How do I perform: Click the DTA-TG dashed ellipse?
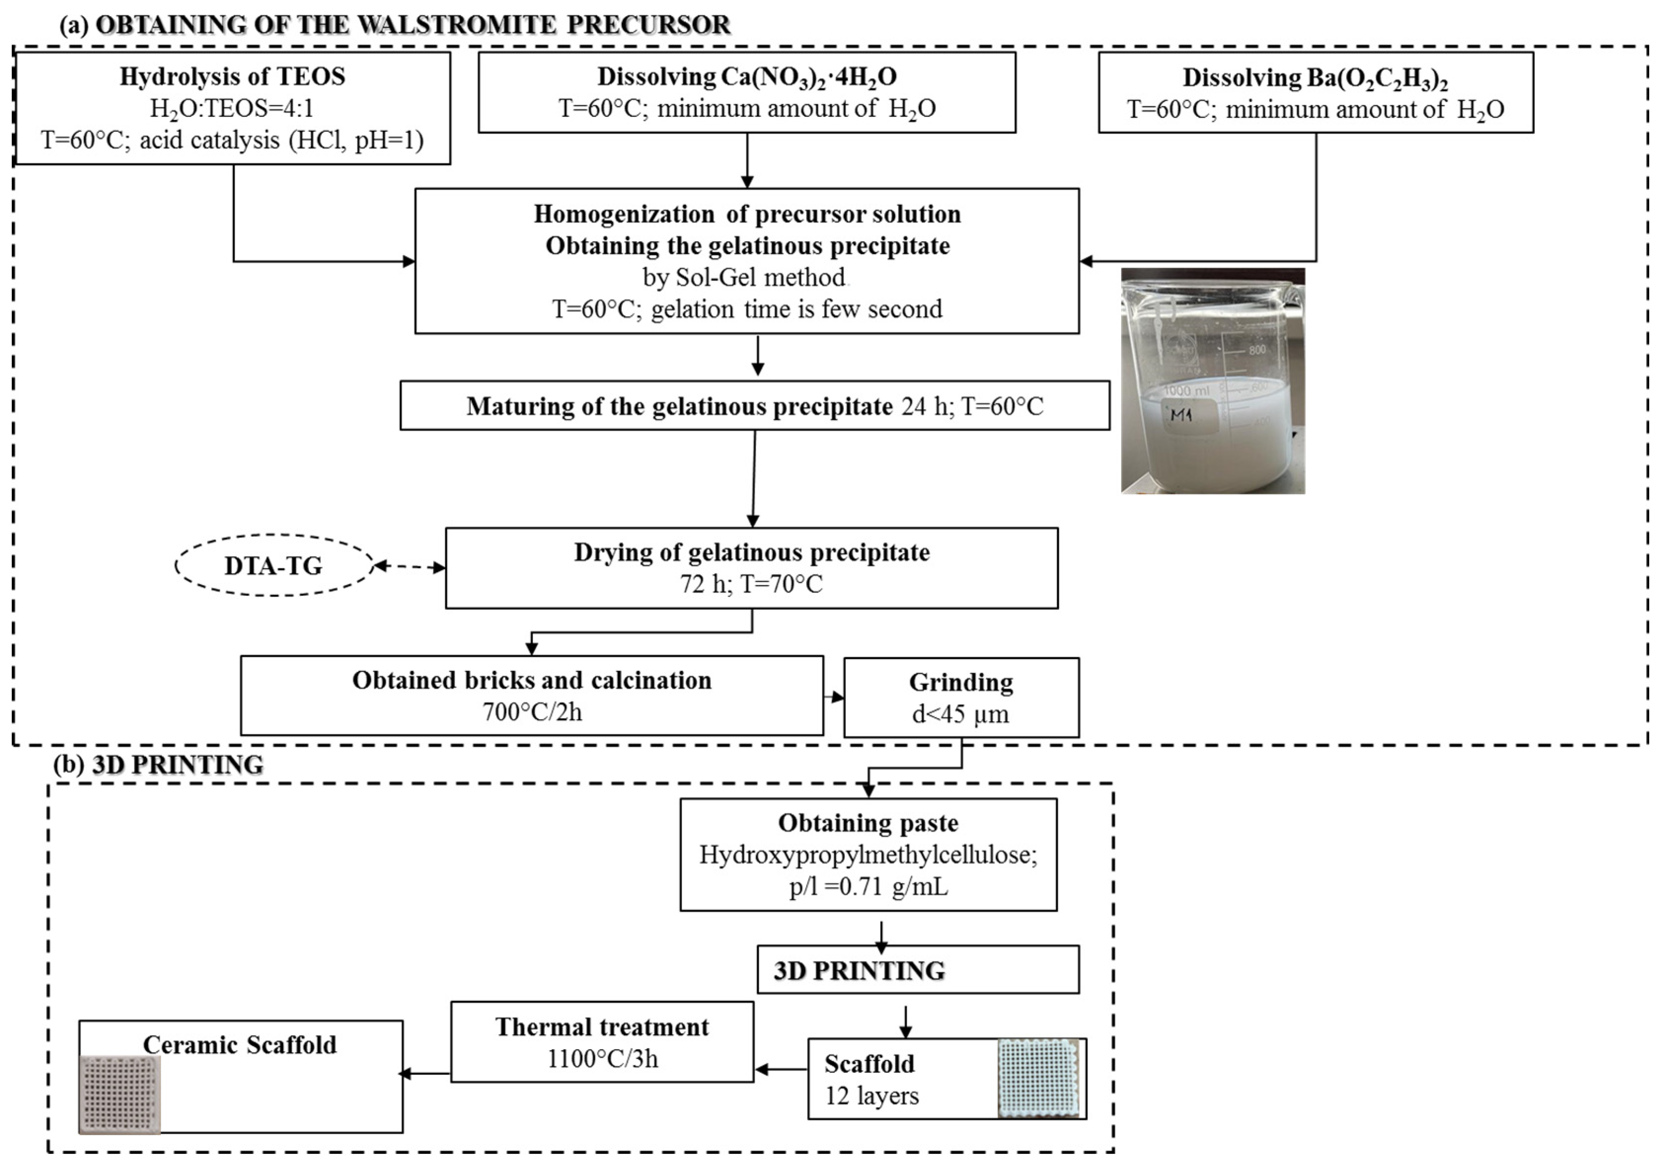[x=273, y=566]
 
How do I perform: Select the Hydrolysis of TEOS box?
[x=233, y=108]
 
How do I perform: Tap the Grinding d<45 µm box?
[x=961, y=698]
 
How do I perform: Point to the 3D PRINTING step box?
[x=918, y=970]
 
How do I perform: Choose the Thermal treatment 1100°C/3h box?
[x=602, y=1042]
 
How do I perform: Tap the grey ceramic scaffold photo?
[x=120, y=1094]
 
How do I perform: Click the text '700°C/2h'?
[x=532, y=712]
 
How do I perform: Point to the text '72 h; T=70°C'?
[x=752, y=584]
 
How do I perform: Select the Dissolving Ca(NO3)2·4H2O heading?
[x=747, y=76]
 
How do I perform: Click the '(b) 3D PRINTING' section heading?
[x=158, y=765]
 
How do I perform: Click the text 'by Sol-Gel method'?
[x=744, y=277]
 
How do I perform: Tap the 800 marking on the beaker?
[x=1257, y=350]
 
